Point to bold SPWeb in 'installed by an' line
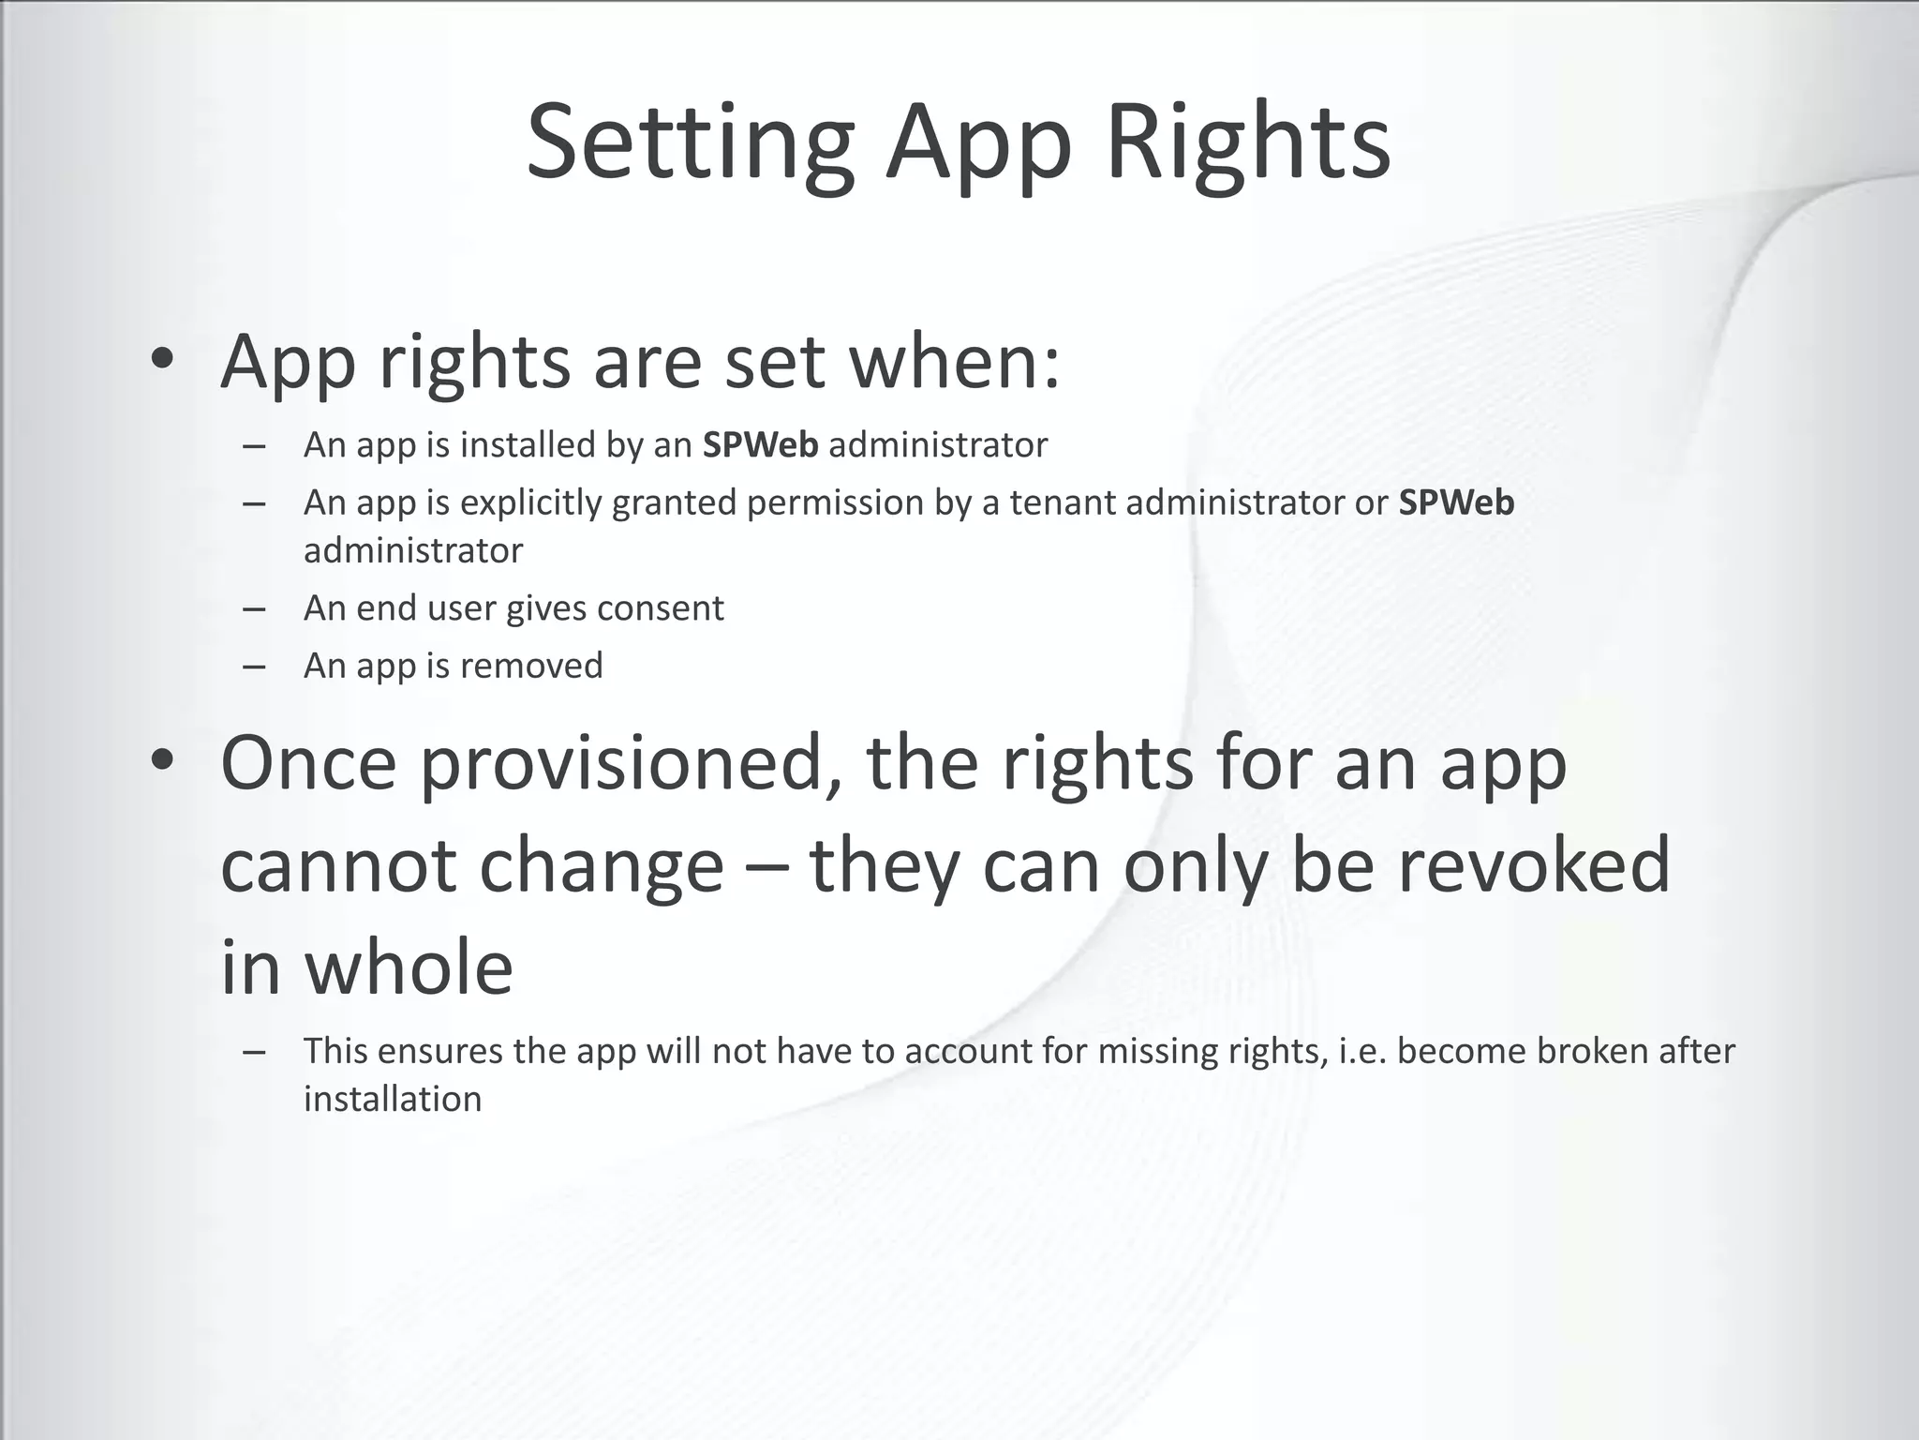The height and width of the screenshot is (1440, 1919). [760, 444]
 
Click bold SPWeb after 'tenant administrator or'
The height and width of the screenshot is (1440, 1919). [1456, 502]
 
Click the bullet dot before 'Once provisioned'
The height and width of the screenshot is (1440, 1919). [162, 762]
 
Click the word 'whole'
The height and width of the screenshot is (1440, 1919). [409, 967]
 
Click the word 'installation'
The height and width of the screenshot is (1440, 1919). [393, 1099]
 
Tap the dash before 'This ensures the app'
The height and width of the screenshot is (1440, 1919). [253, 1052]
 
